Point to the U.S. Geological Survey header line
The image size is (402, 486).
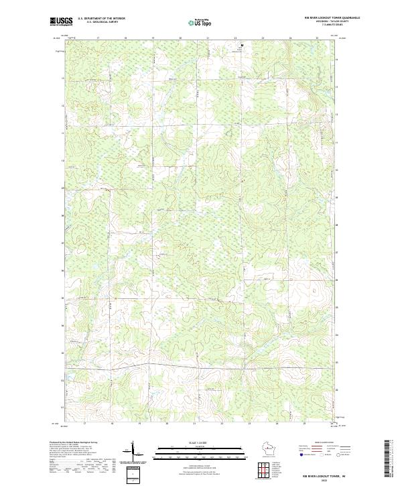click(100, 23)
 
